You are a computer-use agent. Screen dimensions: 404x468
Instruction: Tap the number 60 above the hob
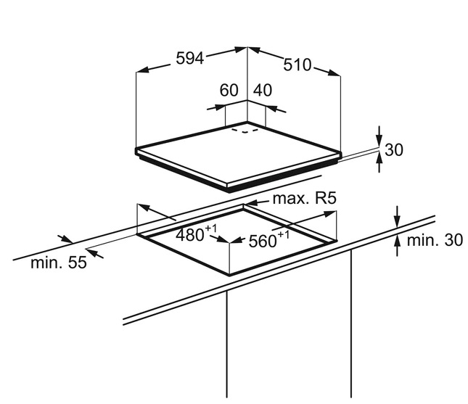[229, 91]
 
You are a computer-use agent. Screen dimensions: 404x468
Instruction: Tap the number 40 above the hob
[262, 91]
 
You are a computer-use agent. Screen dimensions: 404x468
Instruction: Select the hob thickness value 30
[394, 150]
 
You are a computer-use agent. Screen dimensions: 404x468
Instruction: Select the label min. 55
[59, 263]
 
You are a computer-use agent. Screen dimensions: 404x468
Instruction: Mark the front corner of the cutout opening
[230, 276]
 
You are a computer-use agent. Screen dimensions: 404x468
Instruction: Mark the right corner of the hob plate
[340, 154]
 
